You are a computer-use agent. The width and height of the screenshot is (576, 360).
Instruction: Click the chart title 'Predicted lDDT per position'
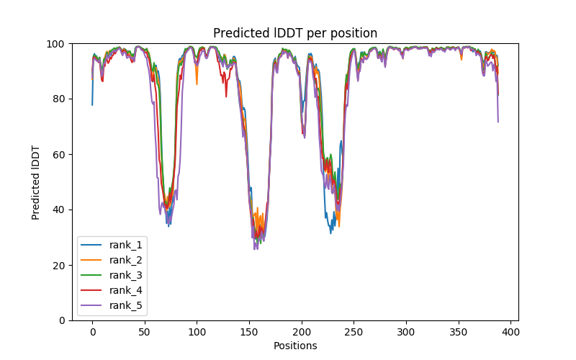click(295, 33)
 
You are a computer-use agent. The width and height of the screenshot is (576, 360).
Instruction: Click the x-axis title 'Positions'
click(295, 346)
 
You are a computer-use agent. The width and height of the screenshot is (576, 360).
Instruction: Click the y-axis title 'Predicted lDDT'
click(36, 182)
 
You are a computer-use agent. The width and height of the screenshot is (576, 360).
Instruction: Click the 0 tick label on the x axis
click(92, 331)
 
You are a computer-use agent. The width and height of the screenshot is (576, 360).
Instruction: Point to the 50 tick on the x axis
click(145, 331)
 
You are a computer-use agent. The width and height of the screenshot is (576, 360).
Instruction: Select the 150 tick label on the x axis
click(249, 331)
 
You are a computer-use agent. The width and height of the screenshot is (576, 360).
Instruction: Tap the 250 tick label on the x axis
click(354, 331)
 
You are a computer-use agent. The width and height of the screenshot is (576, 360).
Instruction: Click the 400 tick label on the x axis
click(510, 331)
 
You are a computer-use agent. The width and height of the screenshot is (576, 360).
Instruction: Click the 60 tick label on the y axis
click(58, 155)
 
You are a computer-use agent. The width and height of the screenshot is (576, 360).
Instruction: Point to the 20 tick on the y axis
click(58, 266)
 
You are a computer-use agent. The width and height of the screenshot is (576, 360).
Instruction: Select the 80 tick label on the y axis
click(58, 99)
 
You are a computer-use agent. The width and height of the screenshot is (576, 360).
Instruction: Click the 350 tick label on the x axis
click(458, 331)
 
